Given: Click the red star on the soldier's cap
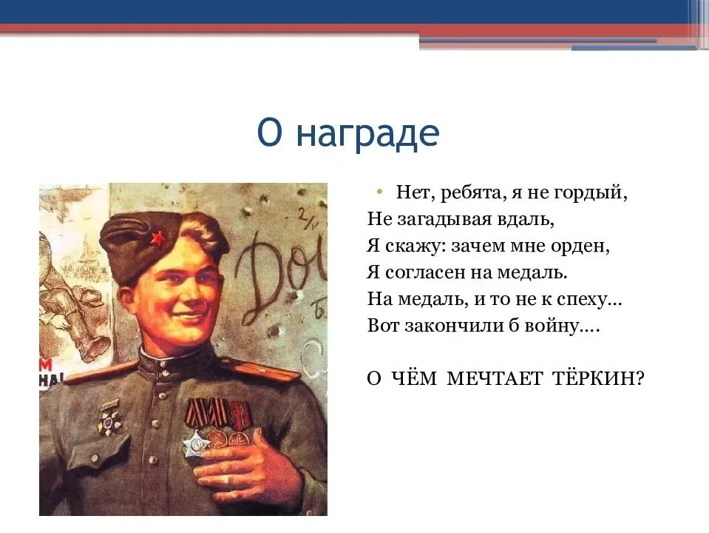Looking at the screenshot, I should tap(157, 238).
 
